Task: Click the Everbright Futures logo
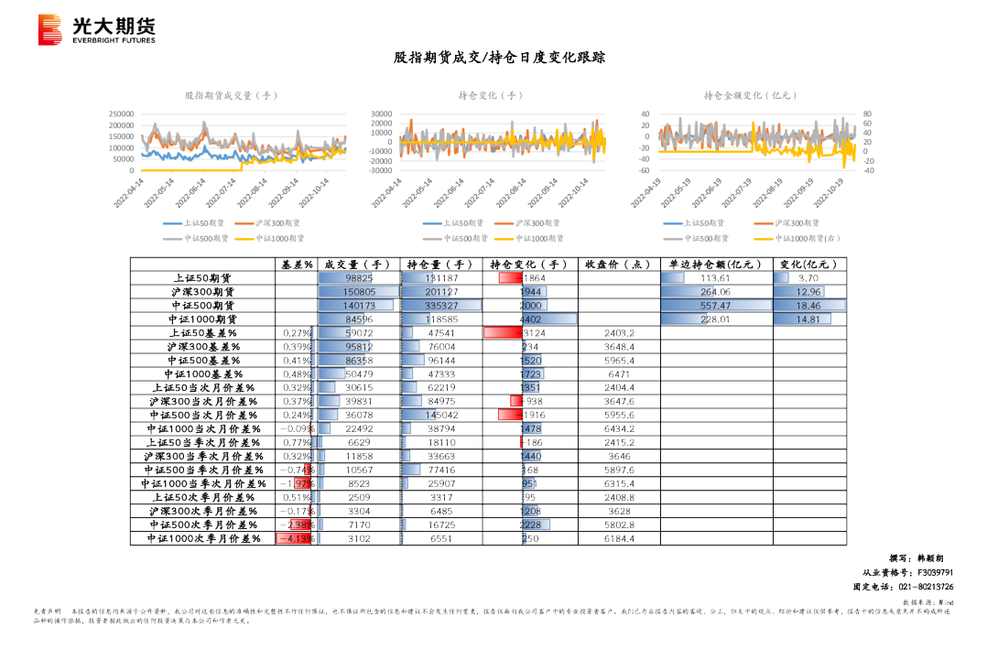tap(96, 30)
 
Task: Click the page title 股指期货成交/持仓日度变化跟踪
tap(499, 58)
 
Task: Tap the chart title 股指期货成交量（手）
tap(231, 95)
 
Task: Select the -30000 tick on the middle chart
tap(381, 170)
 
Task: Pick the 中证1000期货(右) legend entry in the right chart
tap(807, 239)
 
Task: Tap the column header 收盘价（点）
tap(618, 265)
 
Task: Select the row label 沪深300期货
tap(203, 292)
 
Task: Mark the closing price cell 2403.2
tap(619, 333)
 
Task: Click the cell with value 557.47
tap(715, 306)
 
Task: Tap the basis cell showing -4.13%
tap(296, 539)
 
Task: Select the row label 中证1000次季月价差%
tap(203, 539)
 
